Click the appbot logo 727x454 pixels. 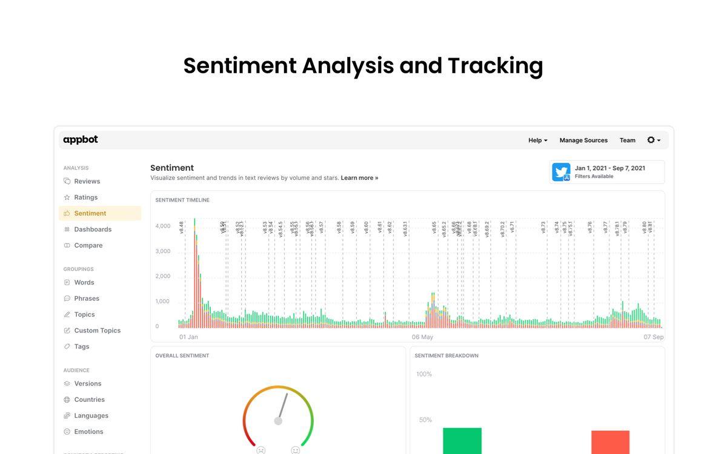click(x=81, y=140)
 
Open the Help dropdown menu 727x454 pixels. click(x=537, y=140)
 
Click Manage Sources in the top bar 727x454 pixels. click(x=583, y=140)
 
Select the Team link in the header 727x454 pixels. click(x=627, y=140)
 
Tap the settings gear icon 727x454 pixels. click(x=651, y=140)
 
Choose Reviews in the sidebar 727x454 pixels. click(x=87, y=181)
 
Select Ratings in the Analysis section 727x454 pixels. click(x=85, y=197)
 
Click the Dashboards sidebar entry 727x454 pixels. click(x=93, y=229)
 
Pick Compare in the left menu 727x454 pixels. click(x=88, y=245)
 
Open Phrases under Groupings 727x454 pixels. click(x=87, y=298)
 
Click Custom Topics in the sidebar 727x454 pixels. click(x=97, y=331)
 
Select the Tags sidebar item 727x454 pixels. click(x=81, y=346)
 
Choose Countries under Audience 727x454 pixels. click(x=89, y=400)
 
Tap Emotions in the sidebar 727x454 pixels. click(x=88, y=432)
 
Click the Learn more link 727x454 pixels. click(x=359, y=178)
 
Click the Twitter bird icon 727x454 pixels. click(x=561, y=172)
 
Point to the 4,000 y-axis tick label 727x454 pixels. click(x=162, y=226)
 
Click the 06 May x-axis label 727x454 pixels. click(x=422, y=337)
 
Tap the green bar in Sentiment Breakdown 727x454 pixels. click(x=462, y=441)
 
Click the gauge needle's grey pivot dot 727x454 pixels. click(x=278, y=421)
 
